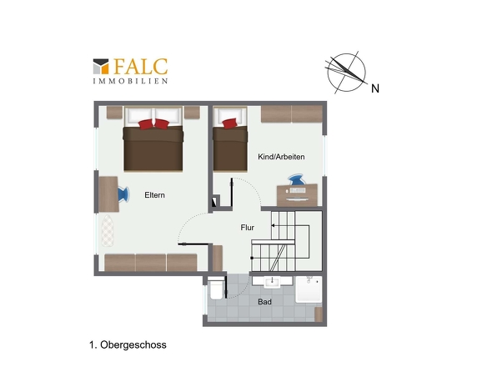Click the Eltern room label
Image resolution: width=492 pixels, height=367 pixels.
[154, 195]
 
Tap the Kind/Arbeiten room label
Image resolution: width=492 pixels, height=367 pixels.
[281, 157]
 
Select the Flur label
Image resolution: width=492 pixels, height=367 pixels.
[248, 228]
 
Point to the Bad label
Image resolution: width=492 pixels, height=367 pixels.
[264, 302]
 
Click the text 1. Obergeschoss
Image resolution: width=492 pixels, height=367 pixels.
[128, 344]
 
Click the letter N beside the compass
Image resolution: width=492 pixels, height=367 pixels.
[375, 88]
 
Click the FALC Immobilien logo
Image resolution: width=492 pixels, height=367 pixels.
[130, 71]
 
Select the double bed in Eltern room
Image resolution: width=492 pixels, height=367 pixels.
[153, 139]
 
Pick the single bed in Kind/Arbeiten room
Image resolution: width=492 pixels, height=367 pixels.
[230, 139]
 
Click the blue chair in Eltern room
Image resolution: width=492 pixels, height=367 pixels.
[123, 194]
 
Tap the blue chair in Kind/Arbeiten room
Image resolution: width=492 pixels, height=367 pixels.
[296, 180]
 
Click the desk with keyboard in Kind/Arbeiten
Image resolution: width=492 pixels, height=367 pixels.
[297, 195]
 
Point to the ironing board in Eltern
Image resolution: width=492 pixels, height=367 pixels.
[108, 230]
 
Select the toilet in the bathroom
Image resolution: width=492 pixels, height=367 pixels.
[216, 289]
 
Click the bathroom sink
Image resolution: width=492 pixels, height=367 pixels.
[272, 282]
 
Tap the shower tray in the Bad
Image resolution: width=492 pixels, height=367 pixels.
[309, 289]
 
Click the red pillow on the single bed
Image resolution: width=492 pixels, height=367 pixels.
[229, 123]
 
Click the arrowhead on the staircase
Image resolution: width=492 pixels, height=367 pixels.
[273, 225]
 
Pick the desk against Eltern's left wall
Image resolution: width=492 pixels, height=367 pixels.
[109, 194]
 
